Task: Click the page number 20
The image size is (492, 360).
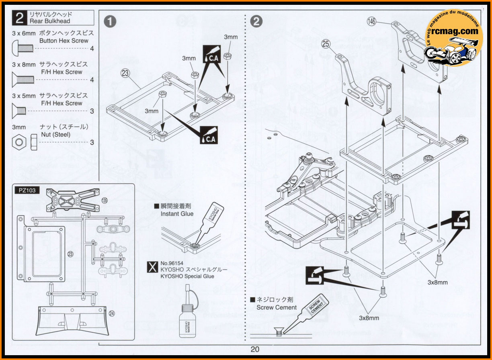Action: (254, 349)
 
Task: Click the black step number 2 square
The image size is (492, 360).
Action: (19, 18)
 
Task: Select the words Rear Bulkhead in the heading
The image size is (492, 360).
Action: (49, 21)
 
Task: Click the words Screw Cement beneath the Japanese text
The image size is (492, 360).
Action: (277, 307)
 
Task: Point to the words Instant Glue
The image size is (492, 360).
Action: (177, 214)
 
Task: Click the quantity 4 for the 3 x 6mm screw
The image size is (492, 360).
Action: (92, 49)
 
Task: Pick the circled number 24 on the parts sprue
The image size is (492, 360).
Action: (111, 314)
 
